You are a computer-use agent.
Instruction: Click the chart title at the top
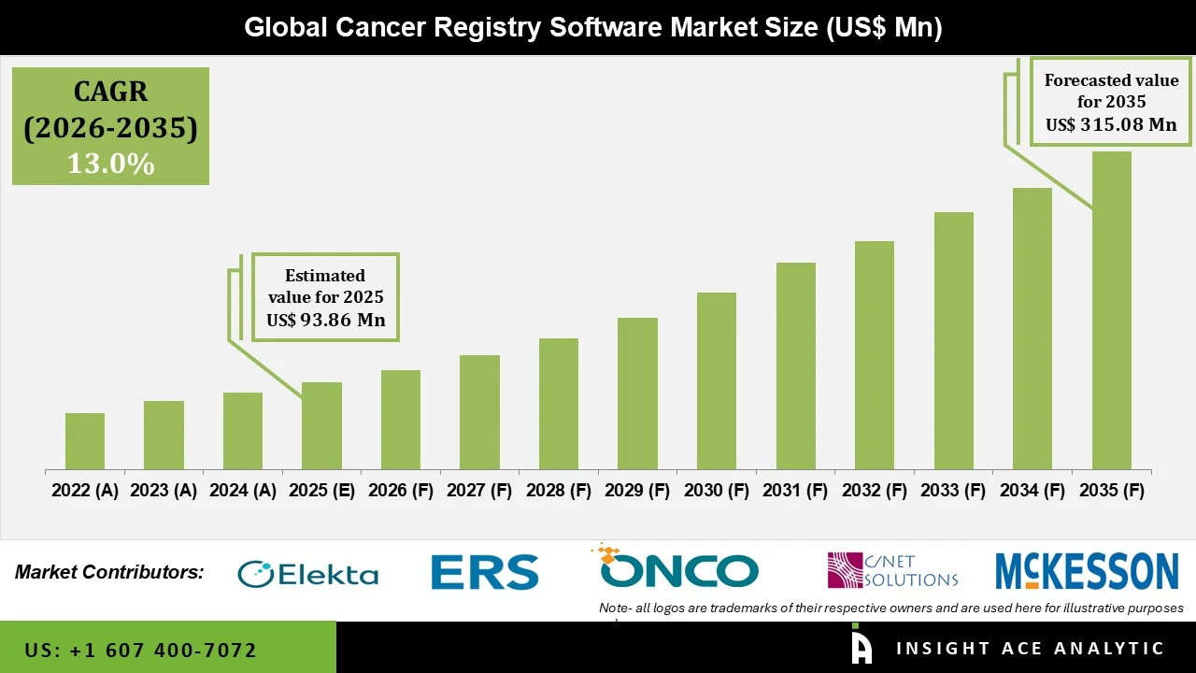tap(592, 27)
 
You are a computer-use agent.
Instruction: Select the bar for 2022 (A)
tap(85, 441)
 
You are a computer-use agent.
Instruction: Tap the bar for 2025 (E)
tap(321, 425)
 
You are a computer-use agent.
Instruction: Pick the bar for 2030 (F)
tap(717, 380)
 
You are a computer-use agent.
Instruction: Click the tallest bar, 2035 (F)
tap(1111, 310)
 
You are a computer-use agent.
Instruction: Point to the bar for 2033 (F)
tap(953, 340)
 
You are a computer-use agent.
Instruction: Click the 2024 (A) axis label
tap(243, 491)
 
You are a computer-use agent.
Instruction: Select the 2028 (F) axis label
tap(559, 491)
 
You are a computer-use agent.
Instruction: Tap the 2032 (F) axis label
tap(875, 491)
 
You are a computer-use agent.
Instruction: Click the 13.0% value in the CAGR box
tap(110, 165)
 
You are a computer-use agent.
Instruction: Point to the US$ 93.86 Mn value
tap(325, 320)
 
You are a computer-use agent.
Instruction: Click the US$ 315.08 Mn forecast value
tap(1110, 124)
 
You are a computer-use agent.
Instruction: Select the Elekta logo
tap(308, 573)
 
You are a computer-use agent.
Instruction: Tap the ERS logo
tap(484, 572)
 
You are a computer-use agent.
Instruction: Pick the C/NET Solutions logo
tap(892, 570)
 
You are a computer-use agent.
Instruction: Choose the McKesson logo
tap(1087, 571)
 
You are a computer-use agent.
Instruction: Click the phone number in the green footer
tap(140, 650)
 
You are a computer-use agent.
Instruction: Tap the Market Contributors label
tap(109, 572)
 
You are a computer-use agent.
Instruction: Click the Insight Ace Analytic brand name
tap(1030, 649)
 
